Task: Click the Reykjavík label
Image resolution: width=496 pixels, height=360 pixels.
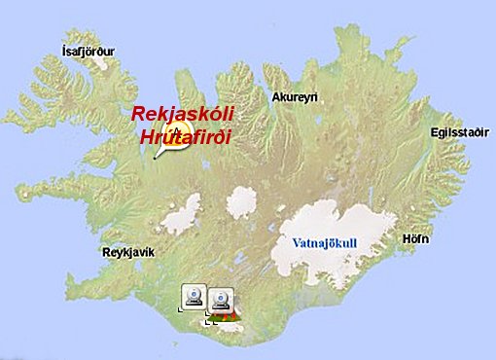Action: (128, 252)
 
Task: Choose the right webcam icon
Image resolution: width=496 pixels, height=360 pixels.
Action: (221, 300)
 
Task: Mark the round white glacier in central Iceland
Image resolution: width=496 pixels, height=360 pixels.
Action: (241, 201)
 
